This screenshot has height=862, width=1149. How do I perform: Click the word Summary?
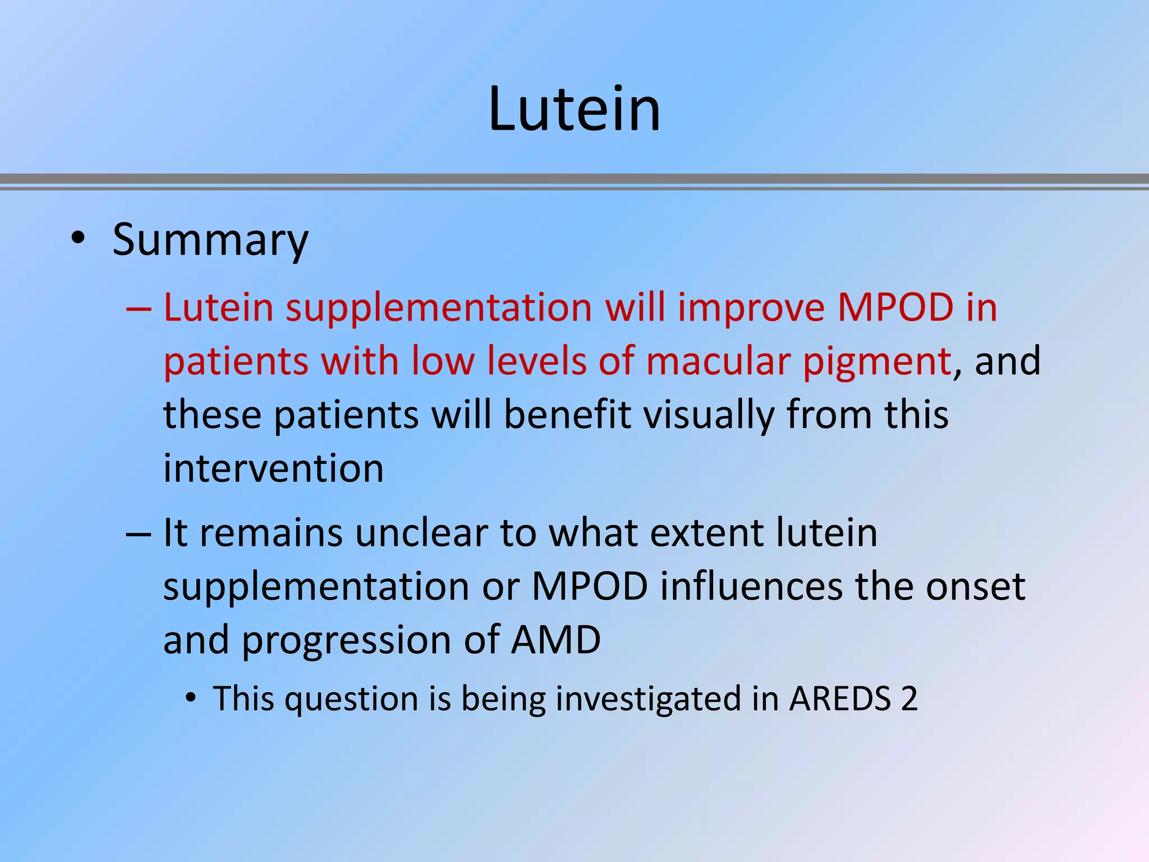pos(210,240)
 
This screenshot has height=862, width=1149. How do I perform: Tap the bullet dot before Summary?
pos(78,239)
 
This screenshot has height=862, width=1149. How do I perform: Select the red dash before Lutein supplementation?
pos(139,309)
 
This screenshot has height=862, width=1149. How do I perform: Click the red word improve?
pos(751,309)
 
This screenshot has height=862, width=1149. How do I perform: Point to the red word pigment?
pos(877,362)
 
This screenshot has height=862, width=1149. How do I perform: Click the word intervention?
pos(273,468)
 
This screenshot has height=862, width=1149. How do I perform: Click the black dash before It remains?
pos(139,534)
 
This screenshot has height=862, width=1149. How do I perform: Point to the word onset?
pos(975,586)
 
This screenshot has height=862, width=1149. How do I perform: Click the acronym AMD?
pos(555,640)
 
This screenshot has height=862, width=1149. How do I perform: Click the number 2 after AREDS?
pos(909,699)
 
